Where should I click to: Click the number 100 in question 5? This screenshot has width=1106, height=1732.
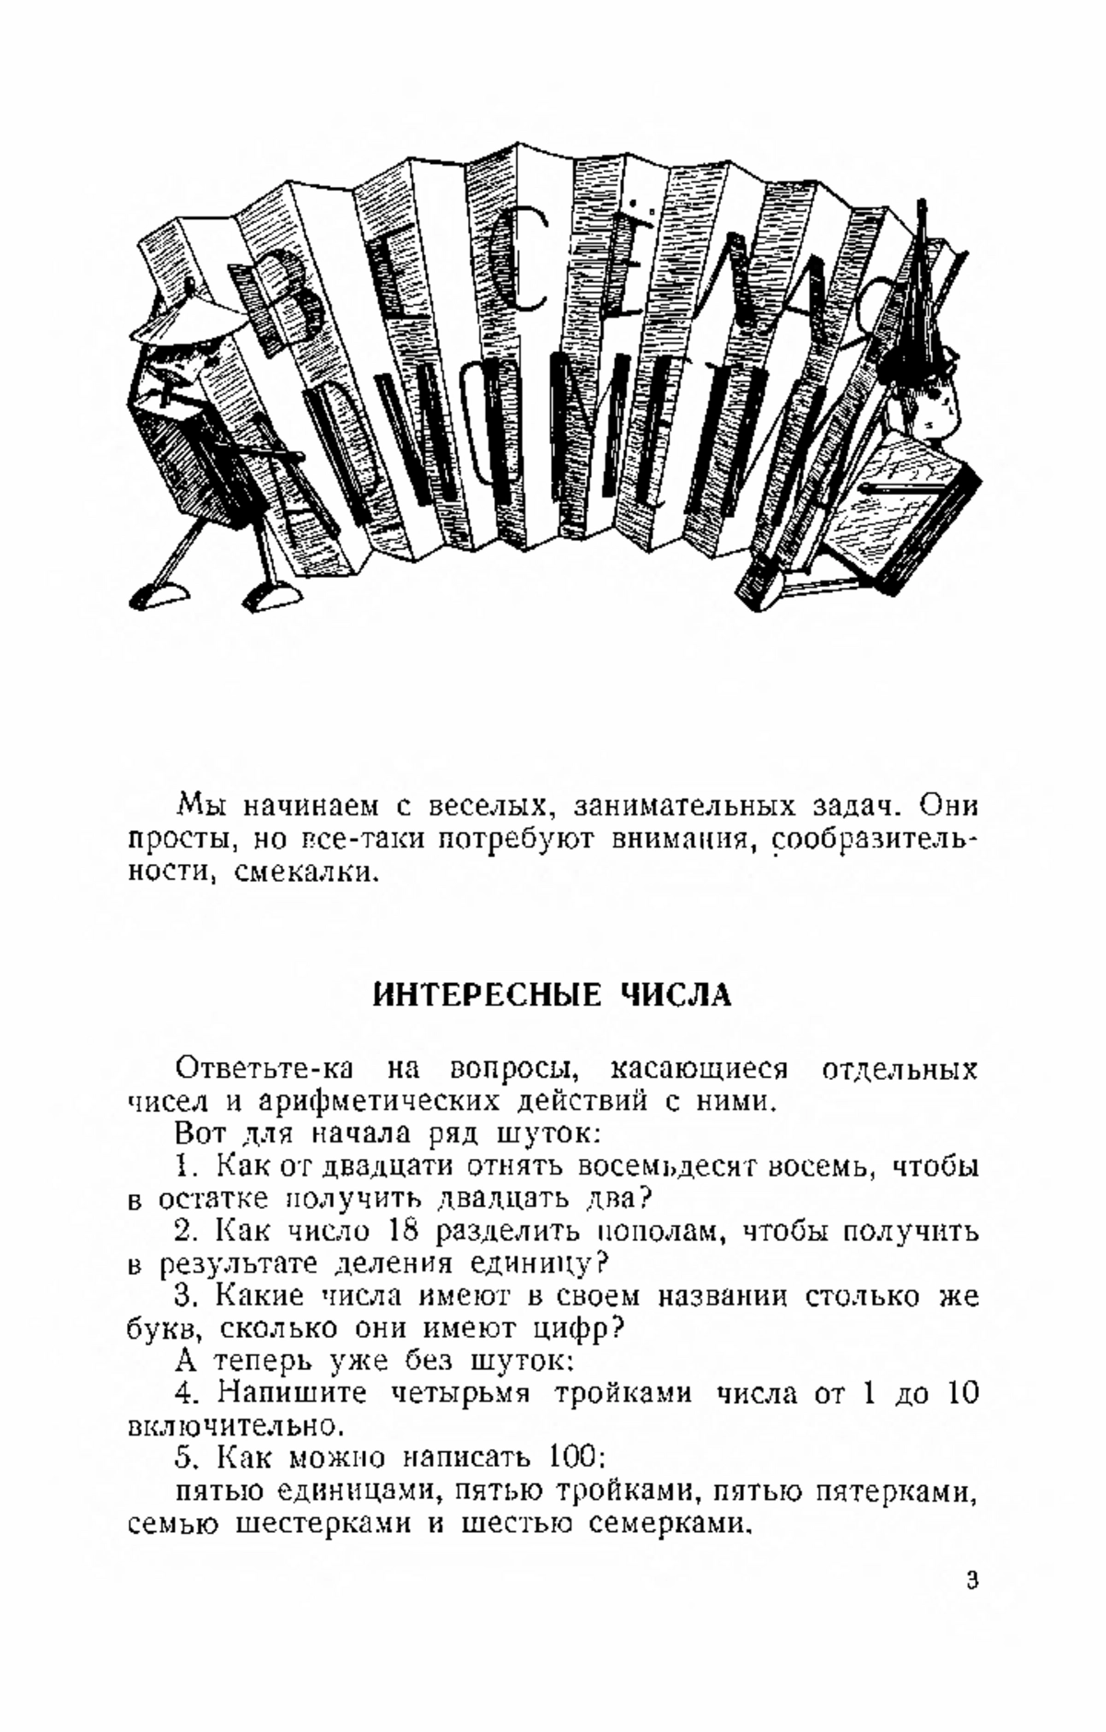[574, 1457]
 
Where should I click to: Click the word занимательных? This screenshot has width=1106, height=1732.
[684, 806]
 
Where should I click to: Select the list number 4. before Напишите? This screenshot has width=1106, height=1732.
[187, 1394]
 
